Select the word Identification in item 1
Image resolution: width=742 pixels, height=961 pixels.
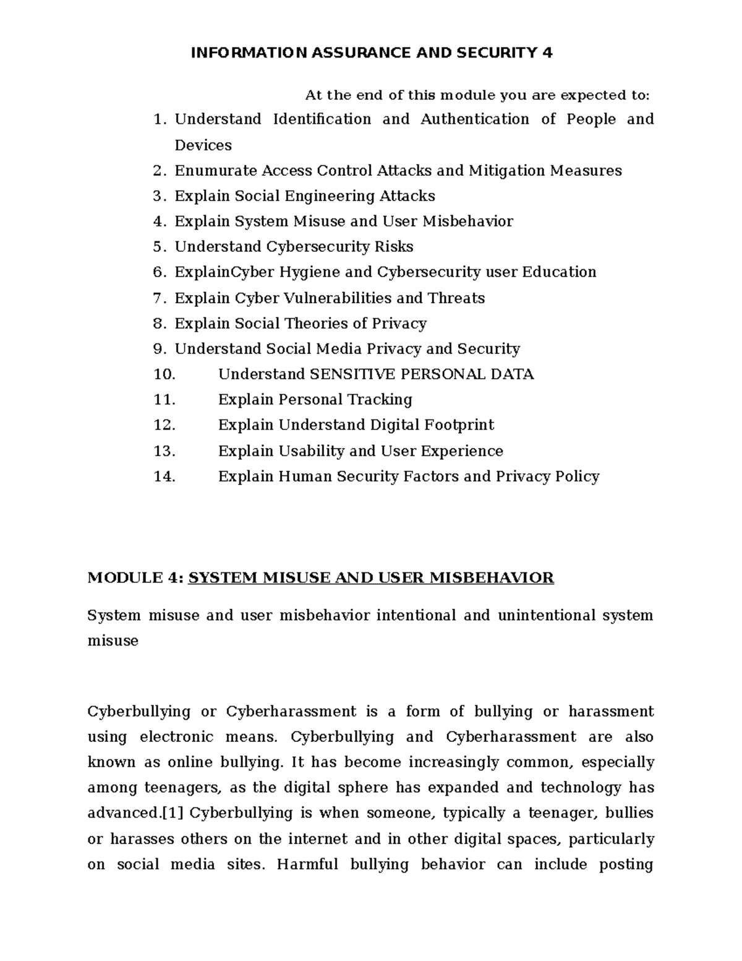[x=322, y=119]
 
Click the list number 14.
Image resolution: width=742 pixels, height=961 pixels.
[x=164, y=476]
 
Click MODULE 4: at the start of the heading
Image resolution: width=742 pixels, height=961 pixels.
[x=135, y=578]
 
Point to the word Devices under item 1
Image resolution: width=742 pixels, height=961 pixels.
[x=203, y=145]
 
